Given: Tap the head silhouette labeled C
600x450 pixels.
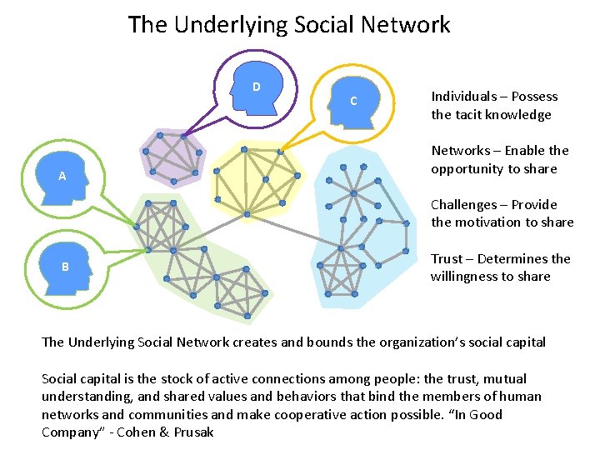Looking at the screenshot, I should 356,102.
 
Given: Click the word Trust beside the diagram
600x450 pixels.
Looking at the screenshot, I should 447,259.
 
